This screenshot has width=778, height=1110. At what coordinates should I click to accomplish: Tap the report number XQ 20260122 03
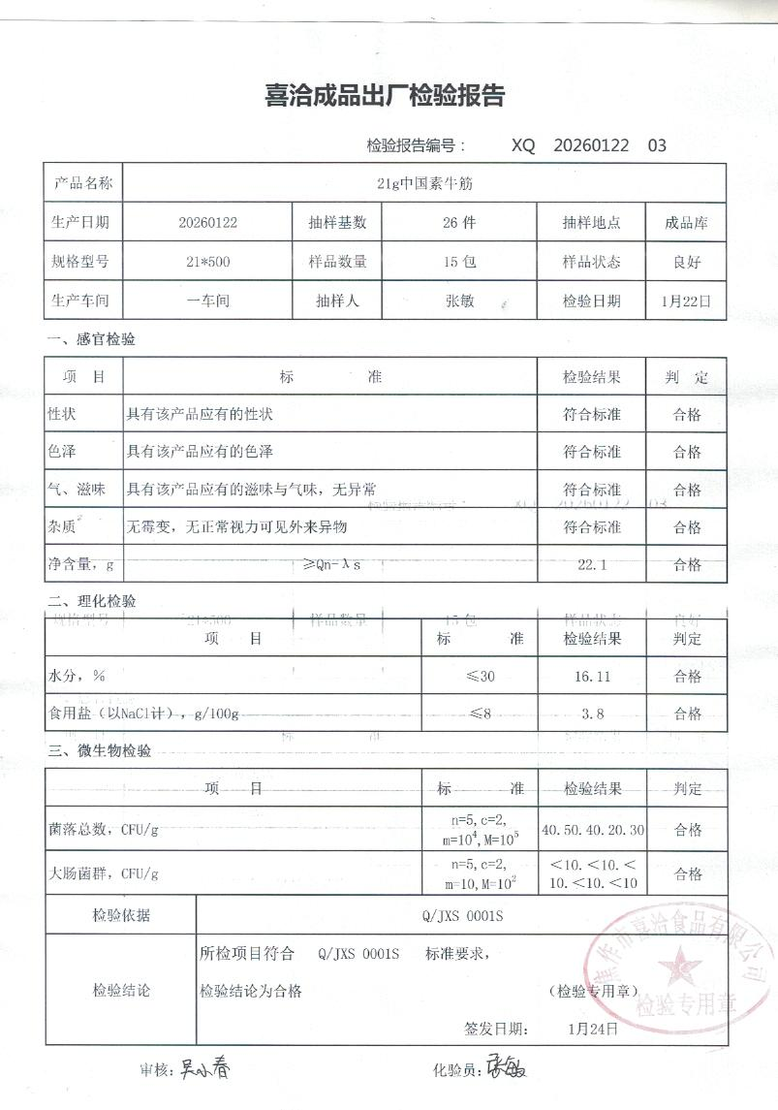point(589,146)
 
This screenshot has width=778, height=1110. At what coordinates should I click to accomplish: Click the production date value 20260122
point(208,223)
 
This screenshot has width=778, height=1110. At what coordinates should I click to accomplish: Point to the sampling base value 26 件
point(458,223)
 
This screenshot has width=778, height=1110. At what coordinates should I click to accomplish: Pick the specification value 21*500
point(207,262)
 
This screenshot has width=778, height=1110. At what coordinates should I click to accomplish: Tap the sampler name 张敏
point(458,301)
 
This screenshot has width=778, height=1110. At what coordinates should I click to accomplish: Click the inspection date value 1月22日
point(686,301)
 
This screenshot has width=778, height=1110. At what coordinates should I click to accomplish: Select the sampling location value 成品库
point(686,223)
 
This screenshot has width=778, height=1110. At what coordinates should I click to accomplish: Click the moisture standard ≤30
point(480,677)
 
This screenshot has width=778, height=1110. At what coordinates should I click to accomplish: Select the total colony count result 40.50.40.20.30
point(593,830)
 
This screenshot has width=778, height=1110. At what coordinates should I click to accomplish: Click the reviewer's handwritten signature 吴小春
point(204,1069)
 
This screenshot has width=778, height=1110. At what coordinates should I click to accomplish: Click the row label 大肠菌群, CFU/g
point(103,873)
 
